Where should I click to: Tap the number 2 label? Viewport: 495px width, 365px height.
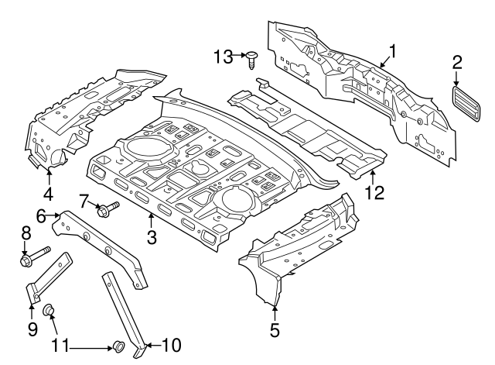coord(456,62)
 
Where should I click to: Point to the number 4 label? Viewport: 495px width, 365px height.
coord(48,194)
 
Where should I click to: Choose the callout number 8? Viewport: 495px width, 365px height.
coord(25,232)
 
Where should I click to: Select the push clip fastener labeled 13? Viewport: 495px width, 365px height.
coord(252,58)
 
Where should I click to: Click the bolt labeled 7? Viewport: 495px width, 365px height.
coord(107,208)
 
